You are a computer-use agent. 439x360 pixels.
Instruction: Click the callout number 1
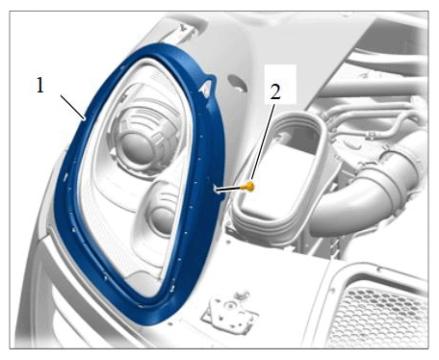pos(39,86)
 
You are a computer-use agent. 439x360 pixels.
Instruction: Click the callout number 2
pos(275,92)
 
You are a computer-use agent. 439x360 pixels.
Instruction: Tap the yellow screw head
pos(249,186)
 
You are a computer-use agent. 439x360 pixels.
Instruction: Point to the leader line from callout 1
pos(73,108)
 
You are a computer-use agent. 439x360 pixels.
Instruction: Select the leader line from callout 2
pos(263,143)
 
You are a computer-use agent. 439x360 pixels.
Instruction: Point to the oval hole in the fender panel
pos(238,84)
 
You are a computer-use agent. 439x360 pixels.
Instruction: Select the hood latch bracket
pos(230,311)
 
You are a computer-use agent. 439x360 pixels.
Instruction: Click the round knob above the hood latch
pos(242,295)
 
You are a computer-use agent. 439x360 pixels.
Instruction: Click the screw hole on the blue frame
pos(215,190)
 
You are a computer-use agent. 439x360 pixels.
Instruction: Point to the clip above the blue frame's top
pos(185,33)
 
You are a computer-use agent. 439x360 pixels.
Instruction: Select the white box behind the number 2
pos(280,84)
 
